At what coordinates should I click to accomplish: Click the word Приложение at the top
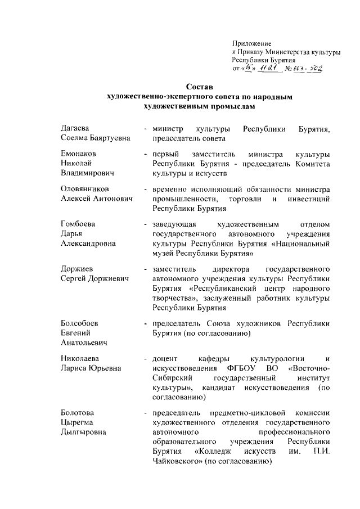[252, 43]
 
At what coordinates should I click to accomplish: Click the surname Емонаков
[79, 154]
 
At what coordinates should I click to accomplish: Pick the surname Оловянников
[85, 188]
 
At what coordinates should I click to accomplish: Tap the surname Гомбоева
[78, 224]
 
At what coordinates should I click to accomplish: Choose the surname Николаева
[81, 358]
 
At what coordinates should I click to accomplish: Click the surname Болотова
[78, 413]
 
